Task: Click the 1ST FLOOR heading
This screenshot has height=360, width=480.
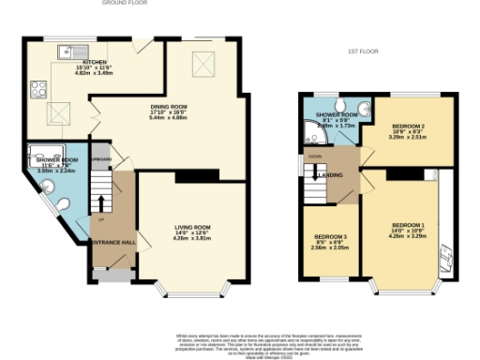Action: click(363, 51)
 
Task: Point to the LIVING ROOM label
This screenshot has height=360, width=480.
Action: click(191, 227)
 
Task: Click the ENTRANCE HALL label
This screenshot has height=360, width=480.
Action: click(113, 241)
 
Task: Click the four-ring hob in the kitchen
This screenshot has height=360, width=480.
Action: click(40, 90)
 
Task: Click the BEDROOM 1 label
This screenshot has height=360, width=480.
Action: click(408, 226)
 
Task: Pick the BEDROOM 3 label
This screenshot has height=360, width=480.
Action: click(330, 236)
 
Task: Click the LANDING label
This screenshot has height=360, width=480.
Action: click(330, 175)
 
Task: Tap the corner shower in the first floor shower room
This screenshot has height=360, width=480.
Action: click(313, 137)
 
